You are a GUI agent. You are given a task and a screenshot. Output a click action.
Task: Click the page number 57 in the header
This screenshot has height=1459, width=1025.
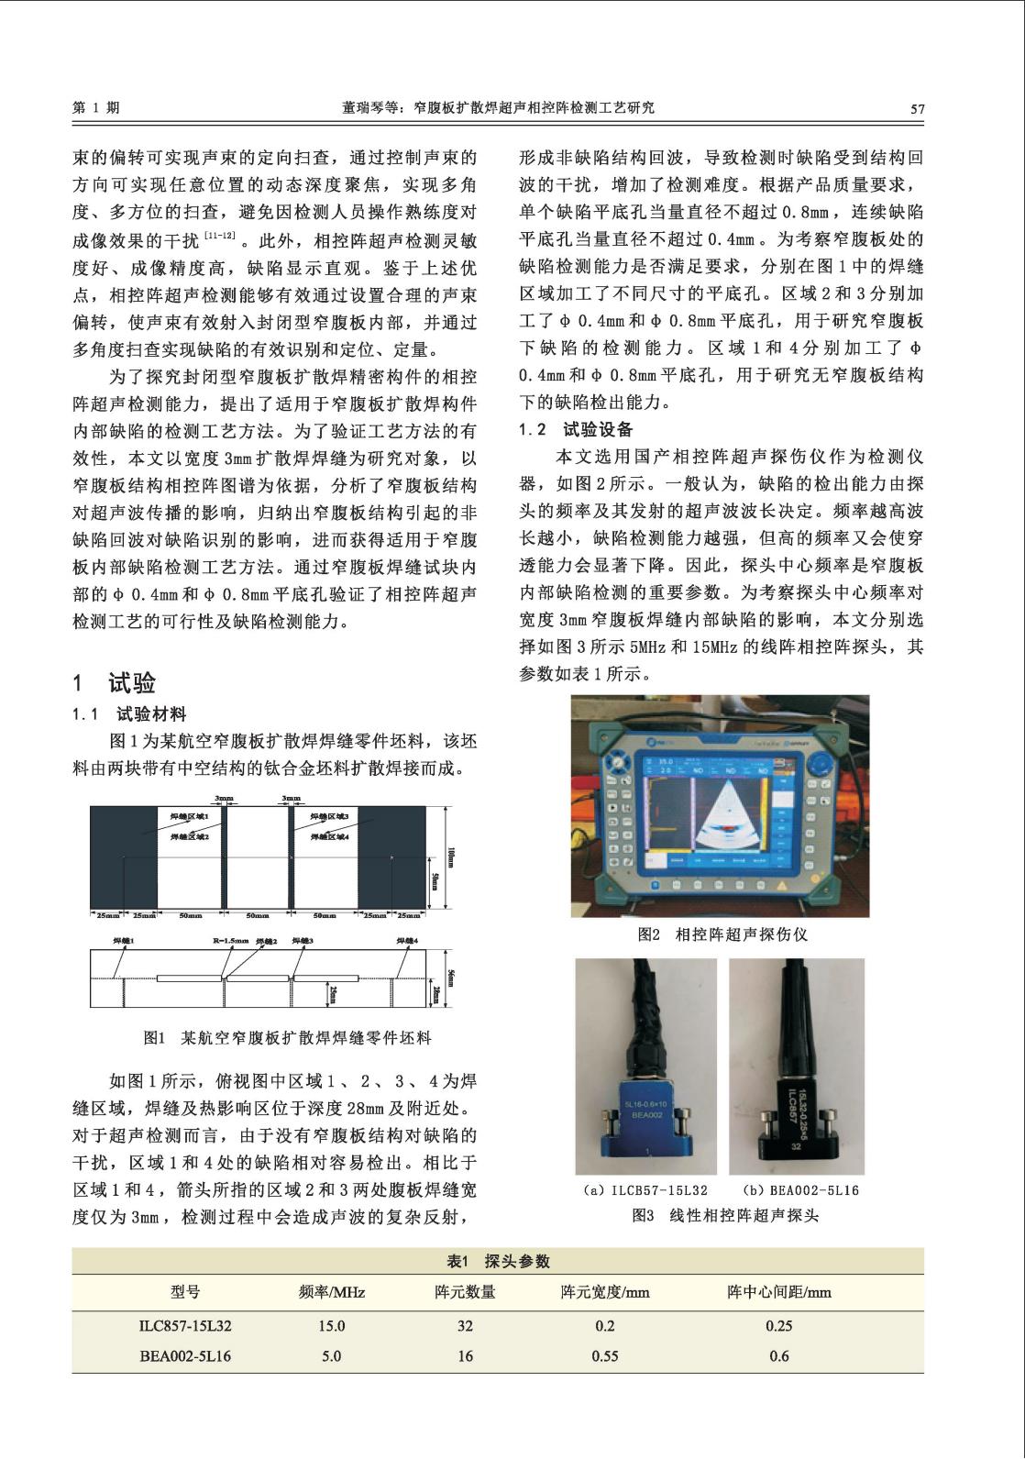tap(917, 108)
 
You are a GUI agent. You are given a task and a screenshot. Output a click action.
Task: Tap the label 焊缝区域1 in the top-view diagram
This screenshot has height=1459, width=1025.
tap(190, 815)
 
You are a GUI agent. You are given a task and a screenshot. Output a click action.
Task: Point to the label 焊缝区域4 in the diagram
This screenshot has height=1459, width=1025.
tap(329, 836)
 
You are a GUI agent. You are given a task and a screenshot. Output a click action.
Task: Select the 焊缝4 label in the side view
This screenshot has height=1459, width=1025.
tap(407, 941)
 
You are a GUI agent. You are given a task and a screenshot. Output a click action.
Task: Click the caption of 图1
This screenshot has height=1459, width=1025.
tap(287, 1038)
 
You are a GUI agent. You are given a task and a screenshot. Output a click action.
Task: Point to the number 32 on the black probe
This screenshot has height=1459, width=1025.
tap(797, 1146)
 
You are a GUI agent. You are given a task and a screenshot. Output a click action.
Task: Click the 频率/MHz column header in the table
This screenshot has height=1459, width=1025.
tap(331, 1292)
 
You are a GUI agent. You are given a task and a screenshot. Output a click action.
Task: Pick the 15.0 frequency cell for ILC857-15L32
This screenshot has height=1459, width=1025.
tap(331, 1326)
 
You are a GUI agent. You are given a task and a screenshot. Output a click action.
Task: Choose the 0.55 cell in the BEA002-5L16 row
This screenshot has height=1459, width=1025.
tap(604, 1356)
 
